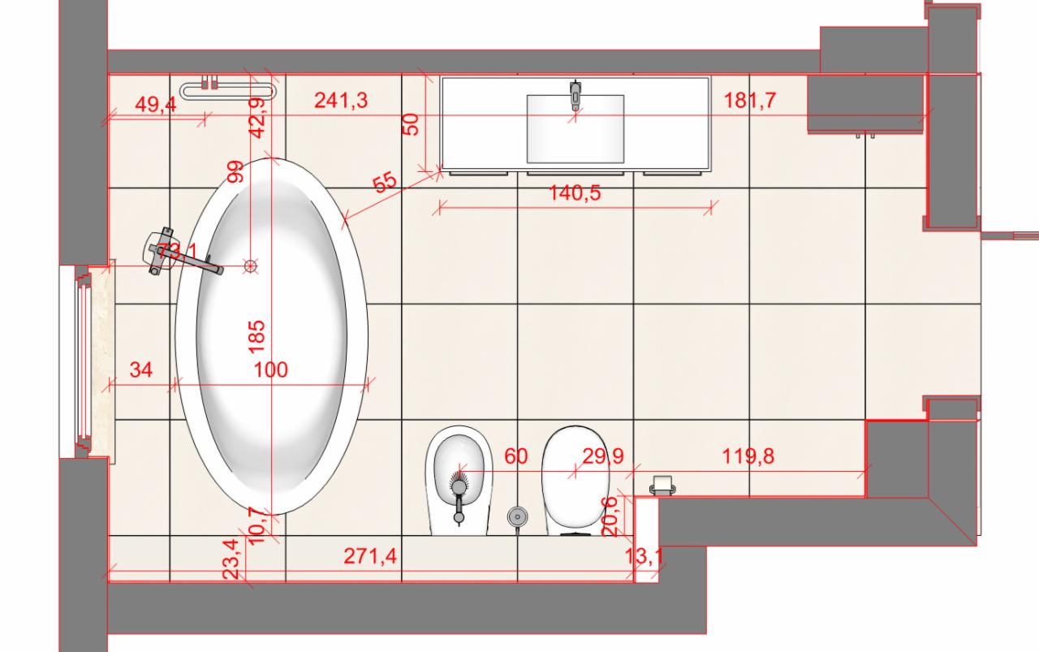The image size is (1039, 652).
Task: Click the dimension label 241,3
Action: click(341, 100)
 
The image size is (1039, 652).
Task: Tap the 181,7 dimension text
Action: click(750, 100)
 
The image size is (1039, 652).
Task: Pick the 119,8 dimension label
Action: click(748, 456)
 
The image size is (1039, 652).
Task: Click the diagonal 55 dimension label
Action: click(385, 182)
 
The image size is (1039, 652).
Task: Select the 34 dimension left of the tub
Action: click(141, 370)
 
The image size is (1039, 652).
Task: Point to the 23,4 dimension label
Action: click(233, 560)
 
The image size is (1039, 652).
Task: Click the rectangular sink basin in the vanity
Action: click(576, 128)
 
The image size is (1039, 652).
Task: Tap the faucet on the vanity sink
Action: click(576, 94)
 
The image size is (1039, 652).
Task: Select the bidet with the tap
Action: click(459, 479)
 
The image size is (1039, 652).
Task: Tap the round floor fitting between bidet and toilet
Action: click(516, 515)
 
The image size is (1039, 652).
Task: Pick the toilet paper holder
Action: click(663, 485)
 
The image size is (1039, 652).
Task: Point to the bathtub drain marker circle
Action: click(252, 265)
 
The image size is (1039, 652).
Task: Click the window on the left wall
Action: click(84, 361)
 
